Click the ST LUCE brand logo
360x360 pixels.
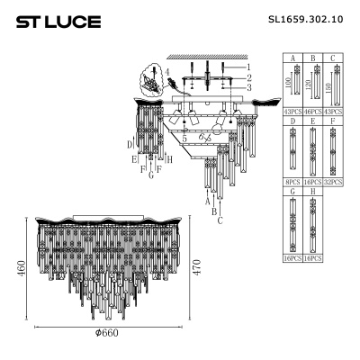tap(55, 21)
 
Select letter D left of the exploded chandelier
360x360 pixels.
tap(130, 142)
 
